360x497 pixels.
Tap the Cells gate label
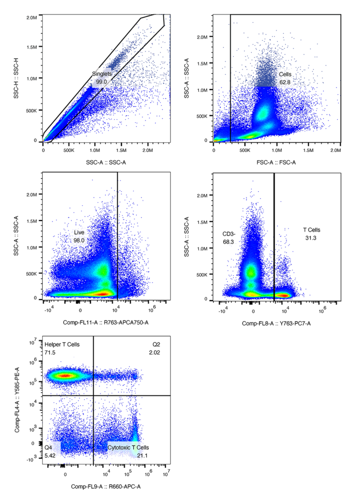coord(285,74)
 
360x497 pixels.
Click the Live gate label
coord(79,232)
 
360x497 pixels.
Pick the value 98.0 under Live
coord(79,240)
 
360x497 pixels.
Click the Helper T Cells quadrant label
coord(62,345)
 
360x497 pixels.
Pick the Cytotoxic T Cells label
coord(128,448)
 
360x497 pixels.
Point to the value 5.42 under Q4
coord(50,455)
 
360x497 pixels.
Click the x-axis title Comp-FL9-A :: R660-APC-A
coord(105,487)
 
